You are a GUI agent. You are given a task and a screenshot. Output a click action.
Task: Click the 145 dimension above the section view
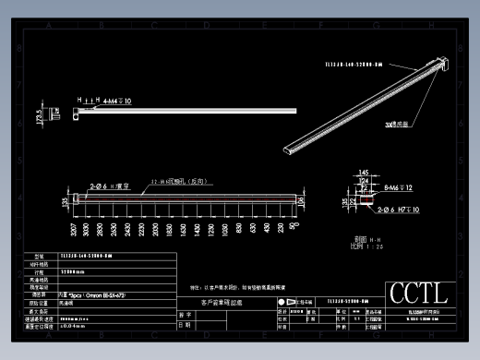[x=365, y=173]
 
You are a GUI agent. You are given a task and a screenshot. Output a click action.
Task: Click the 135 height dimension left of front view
[x=65, y=200]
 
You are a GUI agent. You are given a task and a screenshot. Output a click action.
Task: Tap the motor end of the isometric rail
[x=441, y=63]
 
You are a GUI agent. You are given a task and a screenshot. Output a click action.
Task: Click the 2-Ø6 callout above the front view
[x=110, y=186]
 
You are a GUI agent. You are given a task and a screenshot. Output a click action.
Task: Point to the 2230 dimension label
[x=142, y=227]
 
